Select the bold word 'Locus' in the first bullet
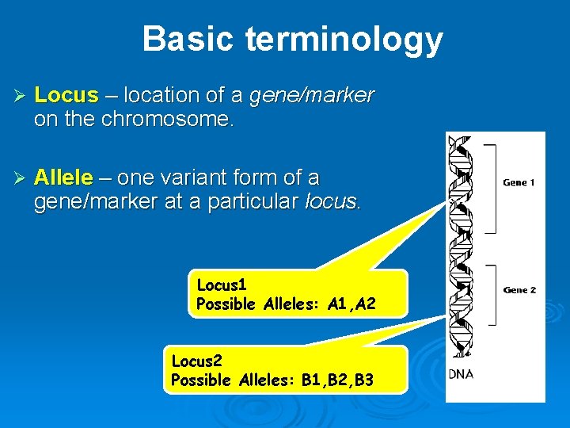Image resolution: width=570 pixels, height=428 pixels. click(x=66, y=96)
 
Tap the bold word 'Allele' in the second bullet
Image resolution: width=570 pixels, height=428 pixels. click(x=64, y=177)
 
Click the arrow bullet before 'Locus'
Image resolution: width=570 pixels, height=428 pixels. click(x=21, y=97)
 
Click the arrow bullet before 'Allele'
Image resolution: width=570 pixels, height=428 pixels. click(x=21, y=178)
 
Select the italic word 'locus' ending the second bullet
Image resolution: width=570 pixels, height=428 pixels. click(x=332, y=202)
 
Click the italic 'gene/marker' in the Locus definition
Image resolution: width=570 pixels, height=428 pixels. click(x=312, y=96)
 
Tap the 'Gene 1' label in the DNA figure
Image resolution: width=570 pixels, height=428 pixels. click(x=519, y=183)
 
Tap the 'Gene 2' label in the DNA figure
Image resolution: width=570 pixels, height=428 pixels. click(x=519, y=290)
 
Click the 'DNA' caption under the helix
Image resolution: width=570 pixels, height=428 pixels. click(x=462, y=373)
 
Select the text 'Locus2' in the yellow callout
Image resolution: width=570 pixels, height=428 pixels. click(x=197, y=361)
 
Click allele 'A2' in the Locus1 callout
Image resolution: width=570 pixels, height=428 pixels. click(x=366, y=304)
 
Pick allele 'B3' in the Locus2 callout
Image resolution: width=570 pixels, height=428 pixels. click(x=364, y=380)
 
